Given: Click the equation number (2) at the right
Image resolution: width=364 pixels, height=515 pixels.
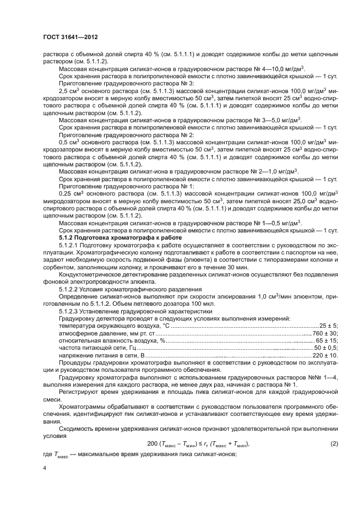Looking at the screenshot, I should click(334, 443).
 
